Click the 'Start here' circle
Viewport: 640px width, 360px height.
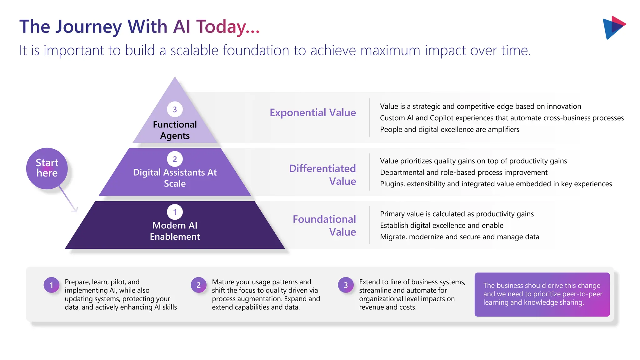47,168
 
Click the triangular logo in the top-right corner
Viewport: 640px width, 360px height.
613,27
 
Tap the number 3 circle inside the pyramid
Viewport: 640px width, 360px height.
175,109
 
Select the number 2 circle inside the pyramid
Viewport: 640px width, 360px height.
175,159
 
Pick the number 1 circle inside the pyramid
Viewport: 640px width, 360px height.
175,212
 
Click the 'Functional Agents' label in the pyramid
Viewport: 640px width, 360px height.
175,130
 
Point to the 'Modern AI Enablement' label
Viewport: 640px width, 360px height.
175,231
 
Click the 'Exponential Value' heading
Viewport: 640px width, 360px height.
312,112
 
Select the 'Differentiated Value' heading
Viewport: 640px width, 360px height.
322,175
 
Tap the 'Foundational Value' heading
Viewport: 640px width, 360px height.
324,225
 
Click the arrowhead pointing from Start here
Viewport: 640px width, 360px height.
75,209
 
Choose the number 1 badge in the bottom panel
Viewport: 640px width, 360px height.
52,285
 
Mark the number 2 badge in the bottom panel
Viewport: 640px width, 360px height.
198,285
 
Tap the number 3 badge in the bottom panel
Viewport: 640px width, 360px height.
346,285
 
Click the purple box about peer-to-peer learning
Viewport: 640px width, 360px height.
542,294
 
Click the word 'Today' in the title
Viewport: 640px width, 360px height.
221,27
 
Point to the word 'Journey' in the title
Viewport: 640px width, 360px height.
89,27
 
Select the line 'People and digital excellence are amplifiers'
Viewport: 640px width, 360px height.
449,129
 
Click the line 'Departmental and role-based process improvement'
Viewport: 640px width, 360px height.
463,172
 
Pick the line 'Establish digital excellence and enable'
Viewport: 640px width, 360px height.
441,225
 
